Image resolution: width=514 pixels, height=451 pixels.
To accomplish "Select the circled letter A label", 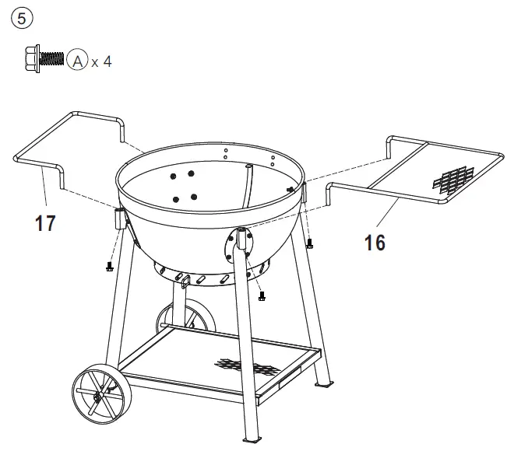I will coord(76,60).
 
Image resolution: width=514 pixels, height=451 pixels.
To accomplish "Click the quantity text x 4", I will coord(101,61).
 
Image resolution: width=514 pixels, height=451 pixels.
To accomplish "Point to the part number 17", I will coord(46,224).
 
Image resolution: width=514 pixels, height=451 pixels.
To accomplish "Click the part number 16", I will coord(375,243).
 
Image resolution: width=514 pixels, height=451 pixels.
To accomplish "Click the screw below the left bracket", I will coord(110,267).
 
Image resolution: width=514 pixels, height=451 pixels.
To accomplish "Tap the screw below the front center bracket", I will coord(262,295).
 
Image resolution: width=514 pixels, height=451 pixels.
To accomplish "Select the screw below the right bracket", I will coord(309,244).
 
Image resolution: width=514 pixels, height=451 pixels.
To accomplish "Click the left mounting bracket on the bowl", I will coord(120,219).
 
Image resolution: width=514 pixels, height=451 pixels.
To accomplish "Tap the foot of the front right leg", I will coord(323,384).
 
